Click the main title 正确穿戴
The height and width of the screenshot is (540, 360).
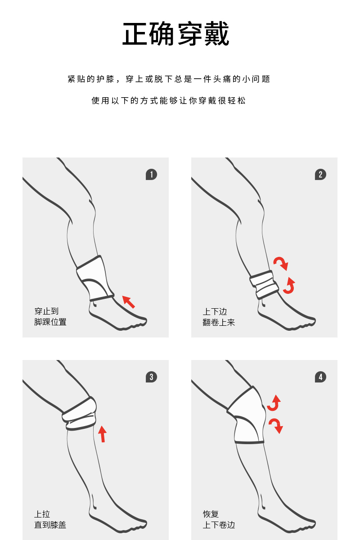click(175, 33)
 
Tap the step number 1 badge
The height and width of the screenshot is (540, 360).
click(151, 175)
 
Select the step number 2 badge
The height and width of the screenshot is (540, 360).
click(320, 175)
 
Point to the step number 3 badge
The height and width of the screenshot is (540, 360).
click(151, 377)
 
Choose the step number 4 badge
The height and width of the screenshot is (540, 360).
click(320, 377)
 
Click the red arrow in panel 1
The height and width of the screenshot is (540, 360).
click(129, 301)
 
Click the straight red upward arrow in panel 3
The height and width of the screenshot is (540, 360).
click(103, 434)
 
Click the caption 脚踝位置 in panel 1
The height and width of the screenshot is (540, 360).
click(50, 322)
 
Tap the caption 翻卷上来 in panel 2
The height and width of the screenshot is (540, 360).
click(219, 322)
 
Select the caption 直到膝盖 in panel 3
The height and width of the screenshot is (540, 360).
click(50, 525)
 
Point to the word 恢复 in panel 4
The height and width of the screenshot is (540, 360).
click(211, 514)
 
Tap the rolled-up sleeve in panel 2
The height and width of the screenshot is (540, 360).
click(264, 284)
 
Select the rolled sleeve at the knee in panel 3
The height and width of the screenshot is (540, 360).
click(79, 414)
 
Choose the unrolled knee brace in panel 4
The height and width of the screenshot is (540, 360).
click(247, 415)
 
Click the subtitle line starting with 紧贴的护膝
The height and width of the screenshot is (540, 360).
click(169, 79)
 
